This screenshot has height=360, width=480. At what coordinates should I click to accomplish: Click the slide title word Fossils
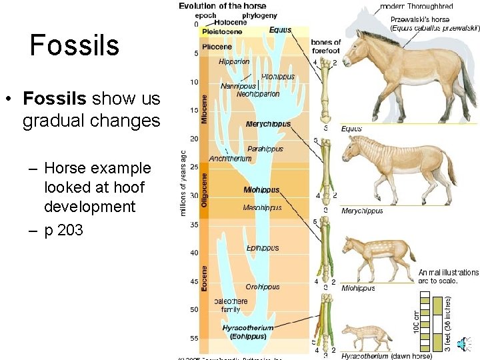[x=75, y=45]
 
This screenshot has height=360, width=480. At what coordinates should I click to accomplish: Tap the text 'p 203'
[x=63, y=231]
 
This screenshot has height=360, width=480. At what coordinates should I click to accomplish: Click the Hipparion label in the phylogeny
[x=234, y=62]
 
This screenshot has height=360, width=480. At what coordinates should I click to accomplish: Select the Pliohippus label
[x=277, y=77]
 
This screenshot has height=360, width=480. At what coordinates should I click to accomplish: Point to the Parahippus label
[x=265, y=149]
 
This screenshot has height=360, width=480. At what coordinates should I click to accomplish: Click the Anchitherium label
[x=230, y=159]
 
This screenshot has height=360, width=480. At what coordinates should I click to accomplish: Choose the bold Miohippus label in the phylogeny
[x=261, y=190]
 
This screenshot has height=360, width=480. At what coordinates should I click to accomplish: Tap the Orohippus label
[x=262, y=287]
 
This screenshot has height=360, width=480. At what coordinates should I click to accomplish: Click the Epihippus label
[x=262, y=248]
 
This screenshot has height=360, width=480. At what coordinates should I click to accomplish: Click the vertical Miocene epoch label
[x=205, y=107]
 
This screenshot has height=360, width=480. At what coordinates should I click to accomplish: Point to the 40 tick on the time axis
[x=193, y=253]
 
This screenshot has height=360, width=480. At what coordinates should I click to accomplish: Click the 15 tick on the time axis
[x=193, y=111]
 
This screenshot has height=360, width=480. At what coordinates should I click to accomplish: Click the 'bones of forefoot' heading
[x=325, y=47]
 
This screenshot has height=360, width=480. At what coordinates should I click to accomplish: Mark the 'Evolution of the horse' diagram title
[x=223, y=6]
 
